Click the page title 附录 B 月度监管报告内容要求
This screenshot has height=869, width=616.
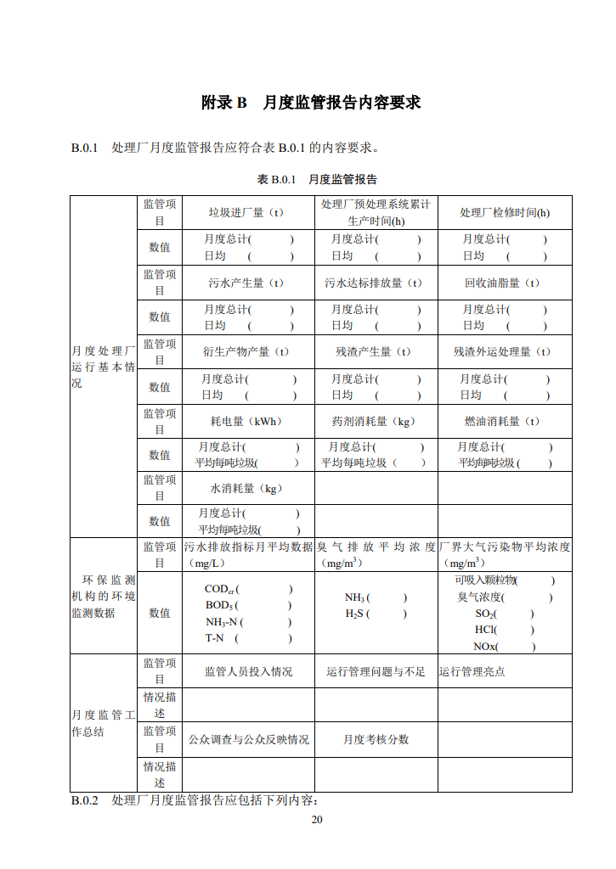pyautogui.click(x=310, y=103)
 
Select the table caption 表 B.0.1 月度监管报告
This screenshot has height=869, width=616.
pyautogui.click(x=317, y=179)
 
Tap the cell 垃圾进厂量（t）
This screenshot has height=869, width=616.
pyautogui.click(x=246, y=212)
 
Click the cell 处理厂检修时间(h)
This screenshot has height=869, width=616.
pyautogui.click(x=504, y=212)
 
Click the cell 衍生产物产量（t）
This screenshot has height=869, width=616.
pyautogui.click(x=246, y=351)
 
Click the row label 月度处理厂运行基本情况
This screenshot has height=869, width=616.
pyautogui.click(x=103, y=367)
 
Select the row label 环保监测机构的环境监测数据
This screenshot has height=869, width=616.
pyautogui.click(x=103, y=596)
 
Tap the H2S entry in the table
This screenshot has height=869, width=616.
pyautogui.click(x=357, y=614)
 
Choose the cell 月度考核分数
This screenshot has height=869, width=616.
pyautogui.click(x=376, y=739)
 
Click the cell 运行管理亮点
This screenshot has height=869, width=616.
pyautogui.click(x=472, y=671)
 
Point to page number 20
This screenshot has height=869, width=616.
pyautogui.click(x=317, y=819)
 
